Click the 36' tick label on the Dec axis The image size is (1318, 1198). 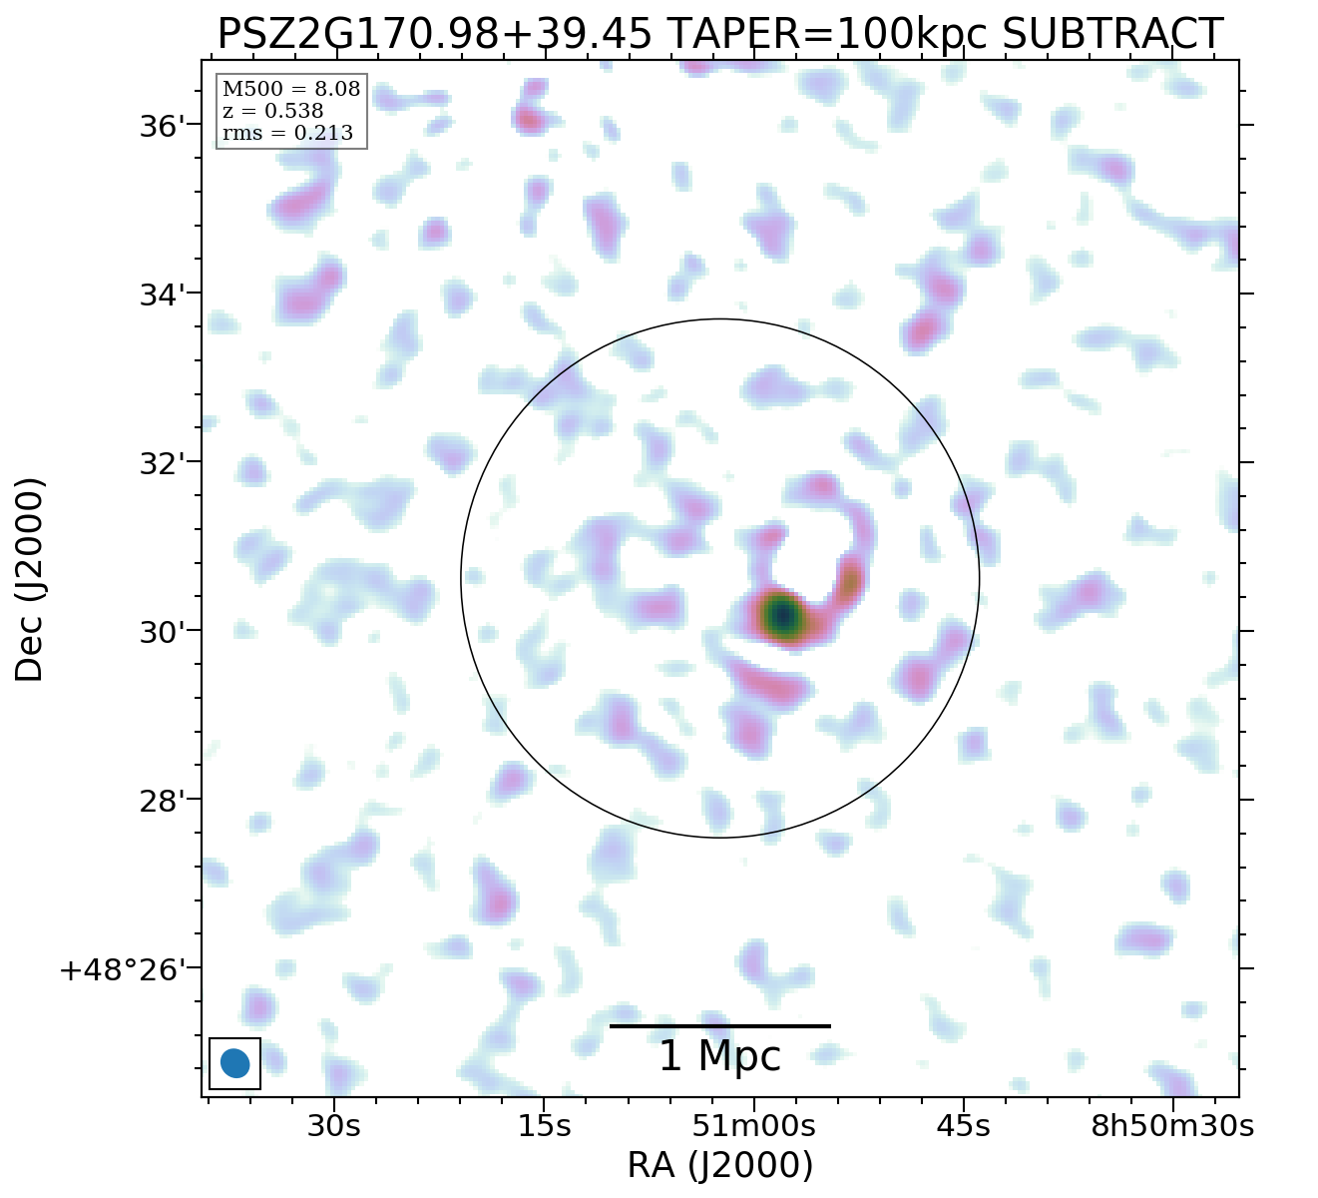point(161,127)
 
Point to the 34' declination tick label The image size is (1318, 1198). point(161,296)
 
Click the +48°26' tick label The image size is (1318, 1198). point(124,970)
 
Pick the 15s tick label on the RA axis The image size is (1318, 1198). point(544,1126)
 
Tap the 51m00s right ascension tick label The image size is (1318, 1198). point(753,1126)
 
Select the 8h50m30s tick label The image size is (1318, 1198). point(1172,1126)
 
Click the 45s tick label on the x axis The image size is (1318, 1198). point(964,1126)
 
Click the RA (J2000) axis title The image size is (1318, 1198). point(719,1166)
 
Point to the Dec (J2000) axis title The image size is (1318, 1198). point(30,579)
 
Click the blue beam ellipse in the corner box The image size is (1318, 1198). point(234,1063)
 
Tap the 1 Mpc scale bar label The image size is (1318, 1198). point(719,1056)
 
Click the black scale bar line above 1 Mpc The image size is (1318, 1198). point(719,1025)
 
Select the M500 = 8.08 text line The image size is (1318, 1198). point(290,90)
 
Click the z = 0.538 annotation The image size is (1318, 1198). point(272,111)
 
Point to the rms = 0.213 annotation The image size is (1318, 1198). point(287,133)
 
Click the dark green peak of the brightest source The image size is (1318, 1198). point(783,615)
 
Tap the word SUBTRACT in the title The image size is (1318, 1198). point(1111,35)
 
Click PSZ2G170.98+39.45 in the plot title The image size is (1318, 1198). point(435,35)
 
